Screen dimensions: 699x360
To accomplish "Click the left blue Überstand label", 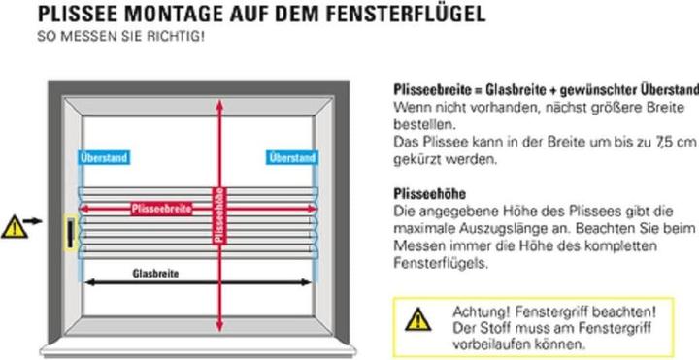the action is click(102, 157).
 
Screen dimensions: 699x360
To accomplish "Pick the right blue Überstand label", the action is click(291, 157).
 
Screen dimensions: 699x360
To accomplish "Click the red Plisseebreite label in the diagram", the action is click(162, 208).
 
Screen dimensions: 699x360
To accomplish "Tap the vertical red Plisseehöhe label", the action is click(219, 213).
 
